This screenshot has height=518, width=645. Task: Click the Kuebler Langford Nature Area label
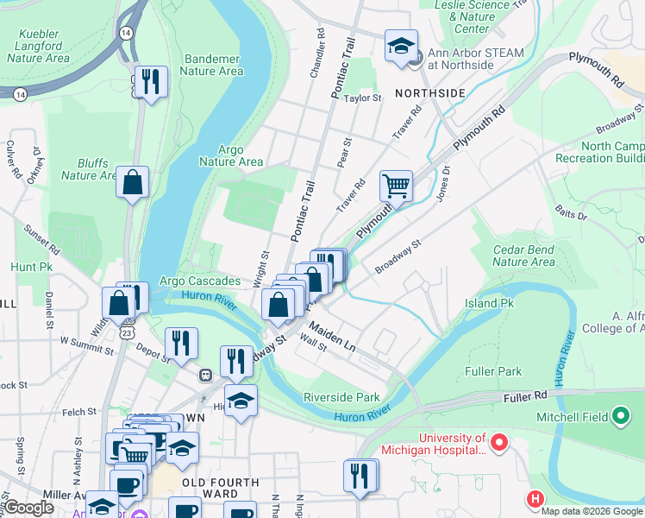pyautogui.click(x=38, y=47)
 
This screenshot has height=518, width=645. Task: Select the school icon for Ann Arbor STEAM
pyautogui.click(x=401, y=45)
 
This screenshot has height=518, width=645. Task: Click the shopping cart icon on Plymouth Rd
pyautogui.click(x=396, y=184)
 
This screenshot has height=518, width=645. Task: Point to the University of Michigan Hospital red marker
pyautogui.click(x=498, y=444)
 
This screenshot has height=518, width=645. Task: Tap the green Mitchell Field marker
pyautogui.click(x=619, y=418)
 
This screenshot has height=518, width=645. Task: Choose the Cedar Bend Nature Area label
pyautogui.click(x=523, y=256)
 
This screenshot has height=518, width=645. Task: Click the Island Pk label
pyautogui.click(x=489, y=303)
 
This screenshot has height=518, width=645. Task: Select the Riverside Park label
pyautogui.click(x=341, y=397)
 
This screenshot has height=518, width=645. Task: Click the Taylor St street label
pyautogui.click(x=363, y=98)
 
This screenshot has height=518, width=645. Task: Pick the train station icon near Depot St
pyautogui.click(x=206, y=375)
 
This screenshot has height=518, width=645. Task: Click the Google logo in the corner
pyautogui.click(x=28, y=508)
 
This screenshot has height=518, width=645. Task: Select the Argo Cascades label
pyautogui.click(x=200, y=282)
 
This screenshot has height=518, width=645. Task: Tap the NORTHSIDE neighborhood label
pyautogui.click(x=430, y=92)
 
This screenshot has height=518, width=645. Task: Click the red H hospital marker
pyautogui.click(x=535, y=499)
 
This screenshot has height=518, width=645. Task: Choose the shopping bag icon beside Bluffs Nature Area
pyautogui.click(x=133, y=182)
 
